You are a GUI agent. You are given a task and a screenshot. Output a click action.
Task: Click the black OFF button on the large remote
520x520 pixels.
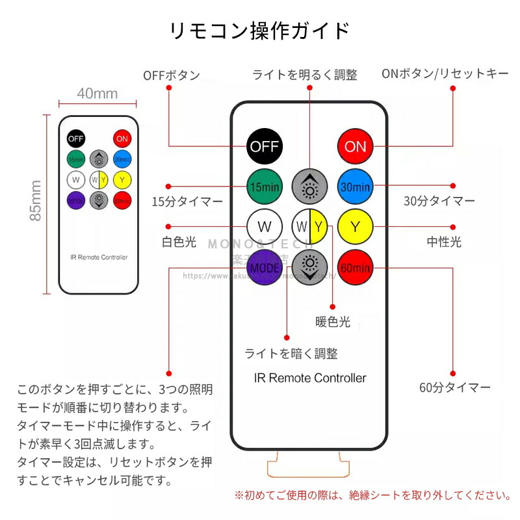click(x=265, y=146)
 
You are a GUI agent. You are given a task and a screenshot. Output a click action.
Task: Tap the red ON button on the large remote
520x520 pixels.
click(x=355, y=146)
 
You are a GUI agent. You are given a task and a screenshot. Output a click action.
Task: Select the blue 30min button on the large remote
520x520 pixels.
click(x=355, y=187)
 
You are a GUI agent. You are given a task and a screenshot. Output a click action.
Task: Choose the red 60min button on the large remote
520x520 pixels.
click(x=355, y=266)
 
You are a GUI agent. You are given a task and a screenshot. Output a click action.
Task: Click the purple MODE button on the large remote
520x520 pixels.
click(x=265, y=266)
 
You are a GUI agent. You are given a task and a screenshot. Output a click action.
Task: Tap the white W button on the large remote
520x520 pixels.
click(x=265, y=227)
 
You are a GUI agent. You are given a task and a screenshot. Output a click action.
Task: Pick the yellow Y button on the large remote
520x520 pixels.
click(x=355, y=227)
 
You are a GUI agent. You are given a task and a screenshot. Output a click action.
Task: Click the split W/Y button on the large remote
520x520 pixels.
click(x=309, y=227)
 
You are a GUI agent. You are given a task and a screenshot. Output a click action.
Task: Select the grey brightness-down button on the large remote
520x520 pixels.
click(x=309, y=266)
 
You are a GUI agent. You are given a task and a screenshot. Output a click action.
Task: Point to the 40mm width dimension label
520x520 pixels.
click(x=97, y=94)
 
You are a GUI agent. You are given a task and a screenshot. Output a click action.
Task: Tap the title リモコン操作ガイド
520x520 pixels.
click(x=260, y=31)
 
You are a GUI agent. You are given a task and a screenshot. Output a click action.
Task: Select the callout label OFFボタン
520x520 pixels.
click(x=172, y=75)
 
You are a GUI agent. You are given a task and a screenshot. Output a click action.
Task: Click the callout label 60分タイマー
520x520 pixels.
click(x=455, y=388)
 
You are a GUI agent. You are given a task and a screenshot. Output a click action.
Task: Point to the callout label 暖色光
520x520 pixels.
click(x=333, y=321)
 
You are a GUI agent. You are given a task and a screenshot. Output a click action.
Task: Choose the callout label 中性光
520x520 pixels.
click(x=444, y=242)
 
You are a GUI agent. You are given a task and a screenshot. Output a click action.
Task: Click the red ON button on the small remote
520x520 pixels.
click(x=122, y=138)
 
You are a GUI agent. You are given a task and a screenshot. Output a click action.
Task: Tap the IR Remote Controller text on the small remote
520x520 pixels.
click(x=99, y=257)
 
